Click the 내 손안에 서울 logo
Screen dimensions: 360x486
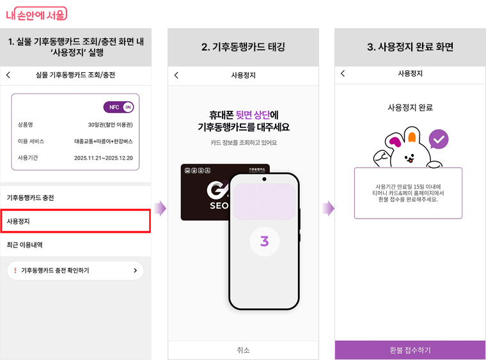(36, 14)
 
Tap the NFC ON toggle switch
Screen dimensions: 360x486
(118, 107)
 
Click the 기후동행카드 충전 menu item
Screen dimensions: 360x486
(31, 198)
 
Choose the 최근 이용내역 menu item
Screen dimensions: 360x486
(25, 244)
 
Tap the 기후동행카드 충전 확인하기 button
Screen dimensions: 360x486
(75, 270)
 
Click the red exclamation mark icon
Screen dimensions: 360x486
(15, 270)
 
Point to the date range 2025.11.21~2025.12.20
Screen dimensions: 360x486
(103, 157)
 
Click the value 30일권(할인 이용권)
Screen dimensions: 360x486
(110, 124)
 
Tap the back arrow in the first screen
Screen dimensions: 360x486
(8, 75)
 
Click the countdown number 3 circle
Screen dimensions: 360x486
(264, 242)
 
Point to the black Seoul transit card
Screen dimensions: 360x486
(205, 192)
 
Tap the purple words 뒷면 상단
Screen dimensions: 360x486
(253, 114)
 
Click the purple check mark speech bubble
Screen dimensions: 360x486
(438, 139)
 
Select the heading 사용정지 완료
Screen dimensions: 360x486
(410, 107)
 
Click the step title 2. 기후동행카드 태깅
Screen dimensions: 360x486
(243, 47)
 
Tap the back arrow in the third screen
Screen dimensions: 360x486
(343, 74)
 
